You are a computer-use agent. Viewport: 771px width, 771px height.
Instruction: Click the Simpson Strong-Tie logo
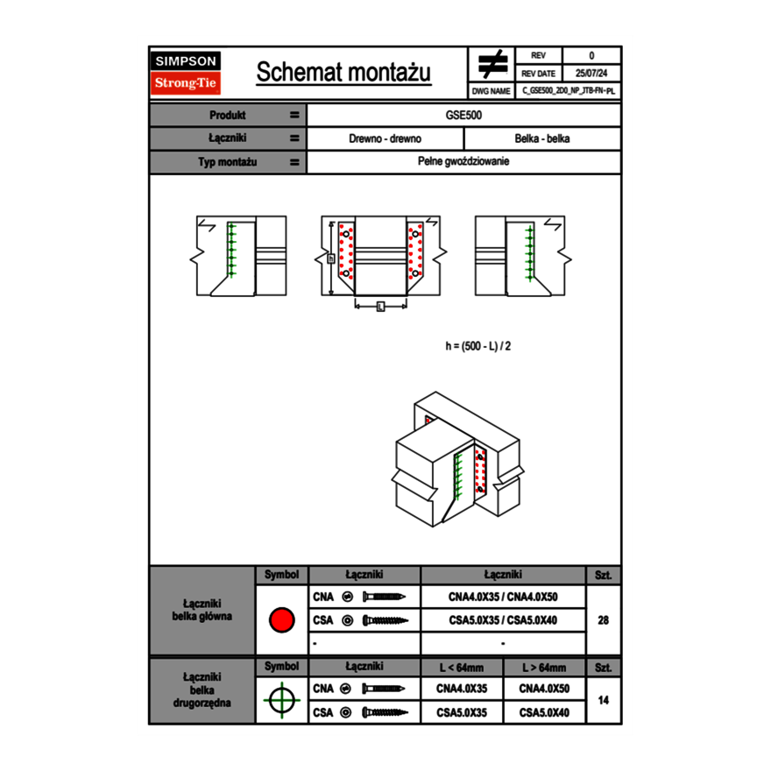pos(186,73)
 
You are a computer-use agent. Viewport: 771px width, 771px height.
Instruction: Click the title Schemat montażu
pos(343,73)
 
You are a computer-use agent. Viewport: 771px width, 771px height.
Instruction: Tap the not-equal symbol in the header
pos(492,64)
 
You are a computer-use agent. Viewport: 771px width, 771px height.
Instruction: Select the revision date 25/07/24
pos(591,74)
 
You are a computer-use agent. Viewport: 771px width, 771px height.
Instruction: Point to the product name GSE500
pos(464,116)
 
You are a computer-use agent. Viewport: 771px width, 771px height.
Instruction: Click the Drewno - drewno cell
pos(385,138)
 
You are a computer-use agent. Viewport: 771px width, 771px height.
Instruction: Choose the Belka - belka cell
pos(542,138)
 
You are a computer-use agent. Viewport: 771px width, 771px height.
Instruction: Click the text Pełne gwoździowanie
pos(464,162)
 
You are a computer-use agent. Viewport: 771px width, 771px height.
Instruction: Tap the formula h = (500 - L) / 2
pos(477,346)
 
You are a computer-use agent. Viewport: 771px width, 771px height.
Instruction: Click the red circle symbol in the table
pos(281,620)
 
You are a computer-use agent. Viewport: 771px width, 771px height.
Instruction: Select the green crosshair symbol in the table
pos(281,700)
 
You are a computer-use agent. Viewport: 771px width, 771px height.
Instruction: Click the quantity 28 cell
pos(603,620)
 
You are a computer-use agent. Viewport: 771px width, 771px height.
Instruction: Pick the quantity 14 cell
pos(603,701)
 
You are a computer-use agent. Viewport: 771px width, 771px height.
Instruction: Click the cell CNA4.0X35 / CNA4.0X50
pos(503,598)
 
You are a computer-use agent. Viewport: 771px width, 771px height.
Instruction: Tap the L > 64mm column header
pos(544,668)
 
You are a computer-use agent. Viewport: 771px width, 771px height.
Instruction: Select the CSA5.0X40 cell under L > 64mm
pos(544,713)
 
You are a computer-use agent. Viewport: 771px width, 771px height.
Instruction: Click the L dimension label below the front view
pos(380,306)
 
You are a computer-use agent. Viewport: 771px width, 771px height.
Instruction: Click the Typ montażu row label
pos(228,162)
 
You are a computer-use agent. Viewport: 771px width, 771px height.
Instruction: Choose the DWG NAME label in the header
pos(491,90)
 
